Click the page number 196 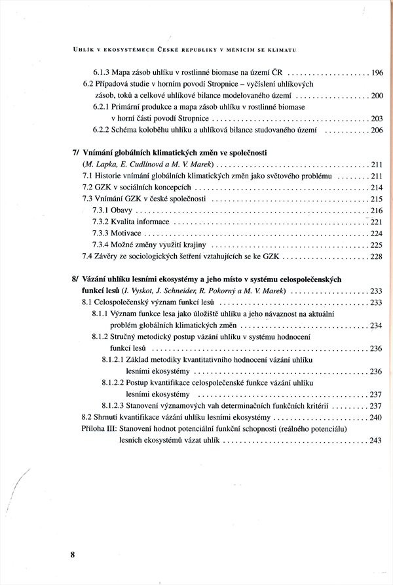coord(376,73)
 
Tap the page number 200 coord(376,96)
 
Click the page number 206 coord(376,131)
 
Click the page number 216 coord(376,210)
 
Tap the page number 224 coord(376,233)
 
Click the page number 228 coord(376,256)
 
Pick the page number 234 coord(376,325)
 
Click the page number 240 coord(376,417)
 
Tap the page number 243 coord(376,441)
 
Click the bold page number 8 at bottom coord(73,554)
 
